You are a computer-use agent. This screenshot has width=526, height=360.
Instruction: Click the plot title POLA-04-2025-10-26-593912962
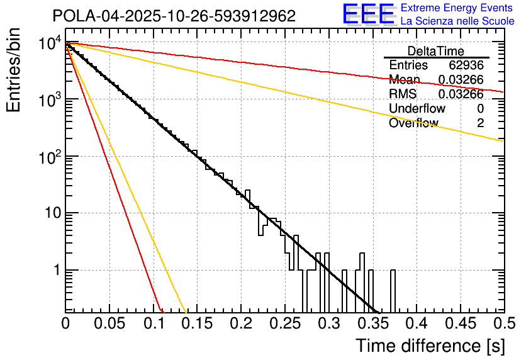pyautogui.click(x=174, y=16)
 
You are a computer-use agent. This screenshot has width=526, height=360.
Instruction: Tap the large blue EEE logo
pyautogui.click(x=368, y=15)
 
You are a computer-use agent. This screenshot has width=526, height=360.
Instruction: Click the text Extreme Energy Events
pyautogui.click(x=457, y=8)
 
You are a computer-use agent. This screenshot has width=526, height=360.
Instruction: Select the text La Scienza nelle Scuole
pyautogui.click(x=457, y=21)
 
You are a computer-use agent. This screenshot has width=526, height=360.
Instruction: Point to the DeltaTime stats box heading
pyautogui.click(x=435, y=51)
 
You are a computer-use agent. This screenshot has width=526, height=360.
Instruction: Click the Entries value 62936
pyautogui.click(x=466, y=65)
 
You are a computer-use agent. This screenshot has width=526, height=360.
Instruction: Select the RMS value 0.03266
pyautogui.click(x=461, y=94)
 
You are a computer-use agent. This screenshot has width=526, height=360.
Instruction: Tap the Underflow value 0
pyautogui.click(x=480, y=109)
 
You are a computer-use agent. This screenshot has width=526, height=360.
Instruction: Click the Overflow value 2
pyautogui.click(x=480, y=123)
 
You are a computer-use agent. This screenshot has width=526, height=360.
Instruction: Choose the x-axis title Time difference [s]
pyautogui.click(x=428, y=346)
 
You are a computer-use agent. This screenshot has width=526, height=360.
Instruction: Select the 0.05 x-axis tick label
pyautogui.click(x=109, y=324)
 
